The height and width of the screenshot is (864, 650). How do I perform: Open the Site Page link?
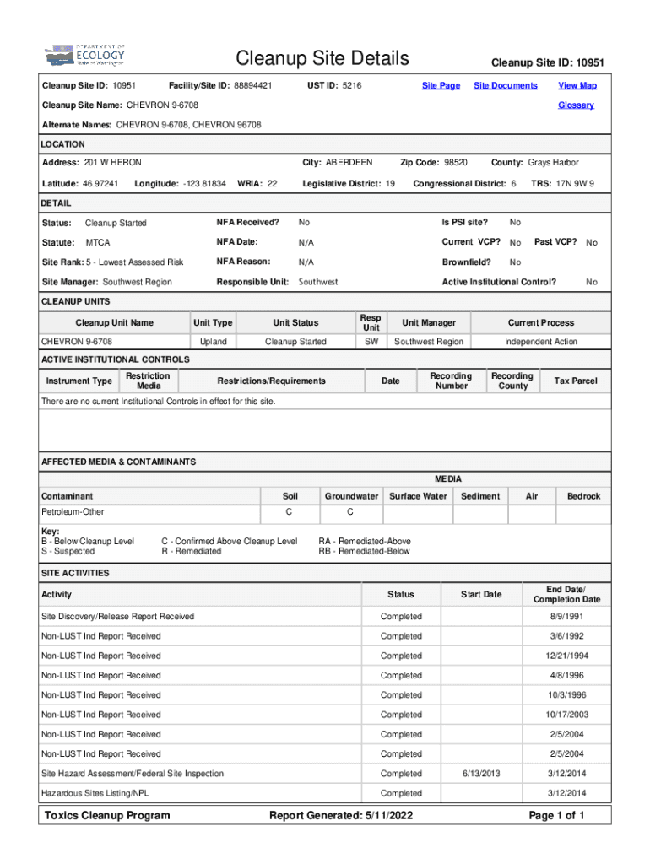click(x=441, y=85)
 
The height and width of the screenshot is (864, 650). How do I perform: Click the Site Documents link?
click(x=505, y=85)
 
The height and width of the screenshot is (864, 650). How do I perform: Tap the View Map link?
click(x=577, y=85)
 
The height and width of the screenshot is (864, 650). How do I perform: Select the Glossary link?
click(x=576, y=105)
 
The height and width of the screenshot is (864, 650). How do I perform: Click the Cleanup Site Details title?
click(x=322, y=58)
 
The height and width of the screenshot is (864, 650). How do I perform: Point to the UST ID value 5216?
click(x=352, y=85)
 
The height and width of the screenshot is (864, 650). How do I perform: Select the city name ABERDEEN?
click(x=349, y=162)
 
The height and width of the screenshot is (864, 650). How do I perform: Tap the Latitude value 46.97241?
click(x=100, y=183)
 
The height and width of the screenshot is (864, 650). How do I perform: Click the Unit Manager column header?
click(x=429, y=322)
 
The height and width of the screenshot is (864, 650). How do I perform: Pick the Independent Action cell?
click(x=540, y=342)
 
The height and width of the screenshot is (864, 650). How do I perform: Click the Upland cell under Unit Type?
click(x=213, y=342)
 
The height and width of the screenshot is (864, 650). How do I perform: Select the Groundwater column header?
click(x=351, y=496)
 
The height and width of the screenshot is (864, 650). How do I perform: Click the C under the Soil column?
click(x=289, y=512)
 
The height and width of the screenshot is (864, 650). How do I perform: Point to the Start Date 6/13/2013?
click(x=481, y=774)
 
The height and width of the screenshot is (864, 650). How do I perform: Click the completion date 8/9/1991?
click(x=566, y=617)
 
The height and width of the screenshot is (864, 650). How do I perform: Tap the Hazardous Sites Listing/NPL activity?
click(x=100, y=793)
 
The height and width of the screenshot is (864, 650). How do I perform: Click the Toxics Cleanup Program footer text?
click(x=107, y=815)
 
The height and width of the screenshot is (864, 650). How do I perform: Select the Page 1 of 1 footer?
click(x=556, y=815)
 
